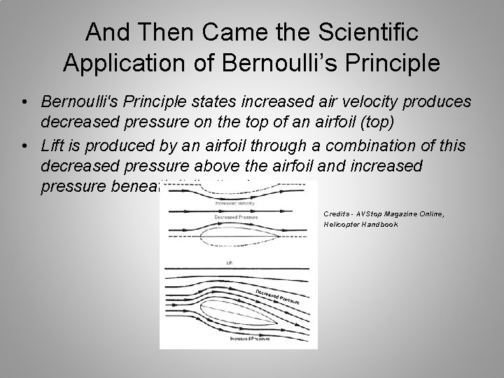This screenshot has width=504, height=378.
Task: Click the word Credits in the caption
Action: tap(336, 213)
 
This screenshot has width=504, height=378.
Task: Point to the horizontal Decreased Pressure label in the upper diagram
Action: tap(232, 217)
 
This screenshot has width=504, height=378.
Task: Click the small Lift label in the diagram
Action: tap(228, 263)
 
